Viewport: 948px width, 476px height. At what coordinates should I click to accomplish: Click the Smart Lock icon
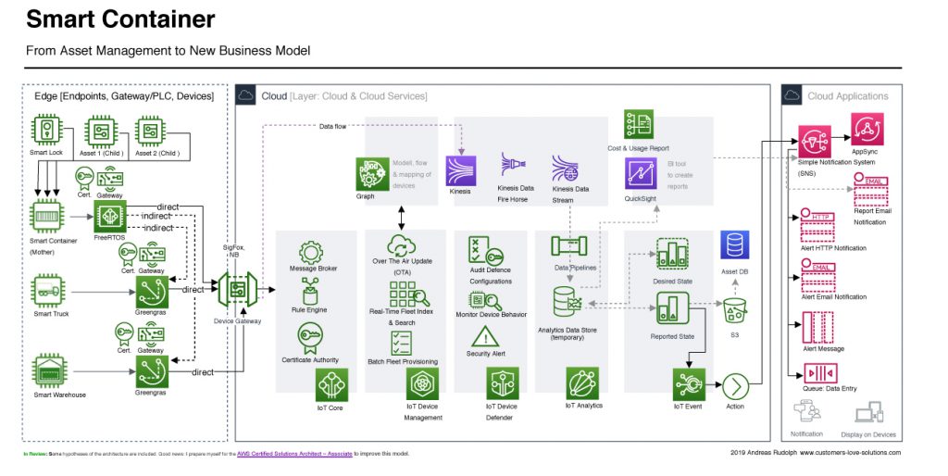point(45,130)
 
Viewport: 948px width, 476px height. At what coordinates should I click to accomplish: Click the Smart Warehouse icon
point(48,370)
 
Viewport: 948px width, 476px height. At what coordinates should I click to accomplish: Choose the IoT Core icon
point(331,382)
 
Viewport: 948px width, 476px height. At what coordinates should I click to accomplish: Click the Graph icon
point(371,173)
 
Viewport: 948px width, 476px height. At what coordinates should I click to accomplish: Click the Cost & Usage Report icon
point(639,125)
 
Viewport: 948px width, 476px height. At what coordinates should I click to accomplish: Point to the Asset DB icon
point(735,245)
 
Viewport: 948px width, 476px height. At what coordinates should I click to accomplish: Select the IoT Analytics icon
point(582,382)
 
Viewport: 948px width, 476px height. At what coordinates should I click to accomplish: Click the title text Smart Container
point(120,19)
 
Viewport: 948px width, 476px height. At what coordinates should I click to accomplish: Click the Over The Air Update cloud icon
point(402,245)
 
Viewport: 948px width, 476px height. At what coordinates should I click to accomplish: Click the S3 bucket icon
point(735,309)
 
